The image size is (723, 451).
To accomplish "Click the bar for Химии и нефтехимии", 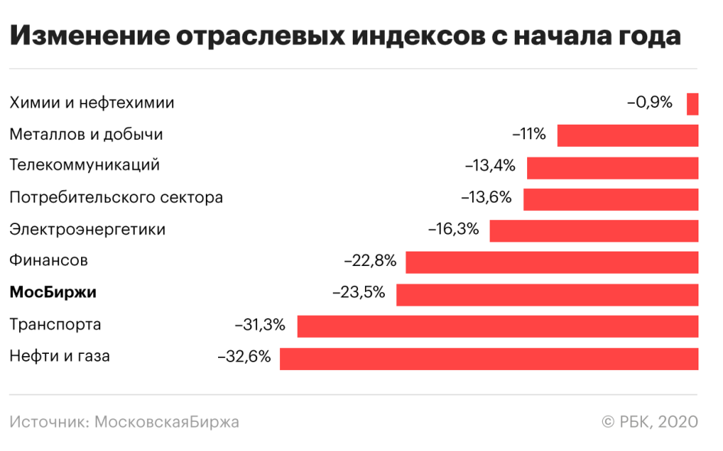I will pyautogui.click(x=692, y=103).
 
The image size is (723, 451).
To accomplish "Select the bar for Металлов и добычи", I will pyautogui.click(x=627, y=135).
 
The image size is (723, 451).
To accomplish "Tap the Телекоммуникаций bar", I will pyautogui.click(x=612, y=167).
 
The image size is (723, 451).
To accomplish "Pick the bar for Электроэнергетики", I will pyautogui.click(x=594, y=231).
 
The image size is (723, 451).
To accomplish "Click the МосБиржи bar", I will pyautogui.click(x=547, y=294).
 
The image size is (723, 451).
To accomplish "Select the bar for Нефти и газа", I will pyautogui.click(x=489, y=358).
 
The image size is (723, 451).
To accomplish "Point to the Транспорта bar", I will pyautogui.click(x=497, y=326).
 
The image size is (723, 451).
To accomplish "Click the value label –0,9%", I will pyautogui.click(x=650, y=102).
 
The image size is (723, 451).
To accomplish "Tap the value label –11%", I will pyautogui.click(x=529, y=135).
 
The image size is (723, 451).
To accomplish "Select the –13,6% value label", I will pyautogui.click(x=486, y=198).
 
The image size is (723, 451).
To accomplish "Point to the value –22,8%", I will pyautogui.click(x=370, y=261).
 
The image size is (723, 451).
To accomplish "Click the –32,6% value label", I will pyautogui.click(x=244, y=356).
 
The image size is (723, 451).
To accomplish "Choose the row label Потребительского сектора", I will pyautogui.click(x=116, y=198).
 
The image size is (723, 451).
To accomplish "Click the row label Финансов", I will pyautogui.click(x=48, y=261).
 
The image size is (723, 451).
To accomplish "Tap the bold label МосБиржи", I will pyautogui.click(x=53, y=293).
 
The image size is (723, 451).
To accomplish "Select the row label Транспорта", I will pyautogui.click(x=55, y=325).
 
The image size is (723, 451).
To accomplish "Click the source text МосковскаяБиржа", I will pyautogui.click(x=167, y=422).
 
